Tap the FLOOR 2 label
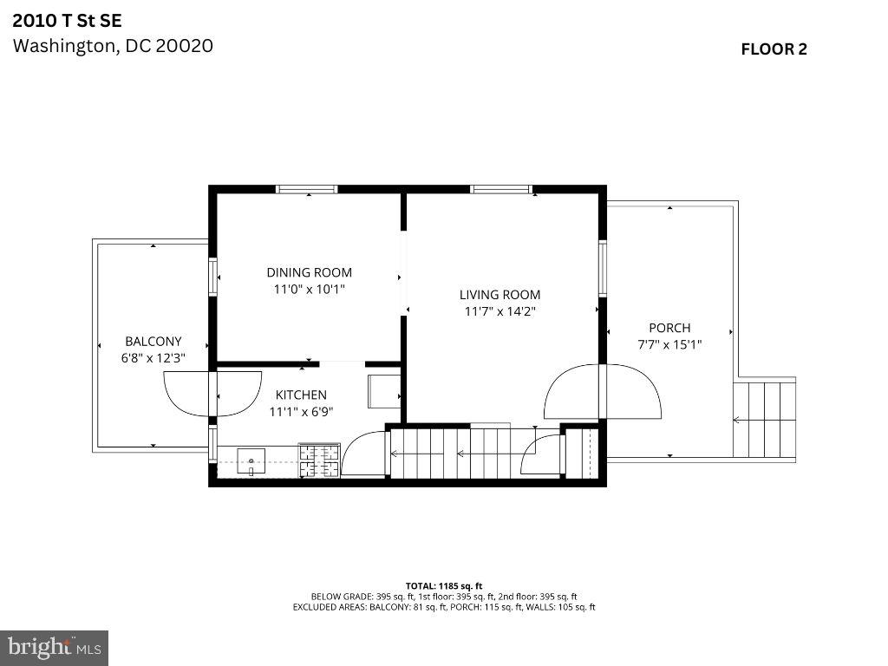click(774, 49)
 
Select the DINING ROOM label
click(309, 272)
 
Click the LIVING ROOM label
click(499, 295)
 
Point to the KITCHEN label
click(301, 395)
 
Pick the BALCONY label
click(153, 342)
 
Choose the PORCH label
click(669, 328)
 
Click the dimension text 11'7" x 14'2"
click(499, 311)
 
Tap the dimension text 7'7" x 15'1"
click(669, 344)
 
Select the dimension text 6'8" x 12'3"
click(153, 357)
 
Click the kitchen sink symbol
click(251, 459)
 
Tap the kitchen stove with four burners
click(319, 460)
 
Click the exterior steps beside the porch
click(764, 420)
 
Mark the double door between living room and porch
click(603, 393)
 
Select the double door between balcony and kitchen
click(212, 394)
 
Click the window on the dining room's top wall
click(307, 189)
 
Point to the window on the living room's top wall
click(500, 189)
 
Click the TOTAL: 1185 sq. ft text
click(444, 585)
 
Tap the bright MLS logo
click(54, 647)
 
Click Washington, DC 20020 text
click(113, 45)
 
